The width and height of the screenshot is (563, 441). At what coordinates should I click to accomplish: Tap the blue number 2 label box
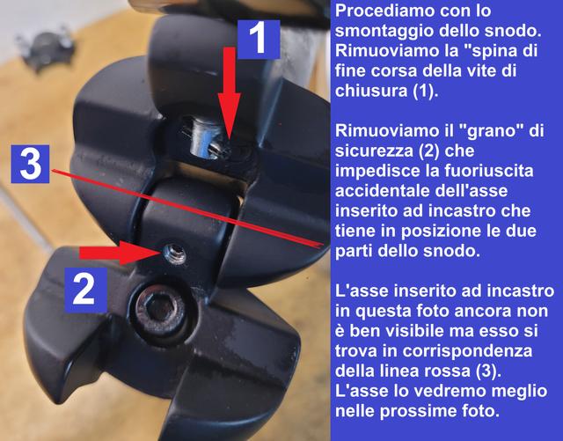click(x=85, y=290)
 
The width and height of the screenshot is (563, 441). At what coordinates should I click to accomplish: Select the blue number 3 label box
click(x=30, y=164)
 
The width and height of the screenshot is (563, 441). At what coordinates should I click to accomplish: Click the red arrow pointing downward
click(x=229, y=94)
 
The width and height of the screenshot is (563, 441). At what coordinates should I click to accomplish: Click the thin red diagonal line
click(x=186, y=209)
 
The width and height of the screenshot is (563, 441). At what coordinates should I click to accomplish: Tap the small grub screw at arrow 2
click(x=174, y=254)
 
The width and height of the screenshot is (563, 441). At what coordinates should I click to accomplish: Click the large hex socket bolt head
click(x=159, y=308)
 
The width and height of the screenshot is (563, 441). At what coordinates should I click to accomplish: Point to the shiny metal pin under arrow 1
click(x=202, y=138)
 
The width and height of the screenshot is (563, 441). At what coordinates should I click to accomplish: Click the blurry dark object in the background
click(x=47, y=50)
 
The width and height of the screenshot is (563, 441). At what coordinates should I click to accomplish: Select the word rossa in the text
click(x=448, y=371)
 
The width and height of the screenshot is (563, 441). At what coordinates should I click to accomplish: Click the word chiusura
click(x=369, y=91)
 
